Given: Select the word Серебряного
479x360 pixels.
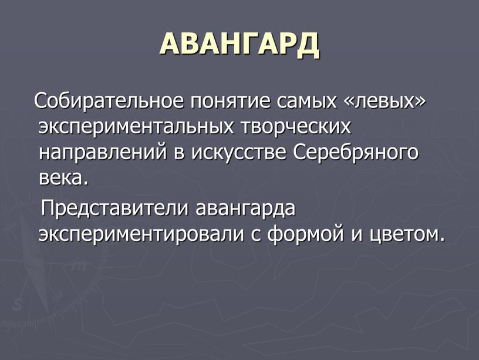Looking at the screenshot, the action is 355,153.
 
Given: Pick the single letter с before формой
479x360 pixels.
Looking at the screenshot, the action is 257,236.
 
